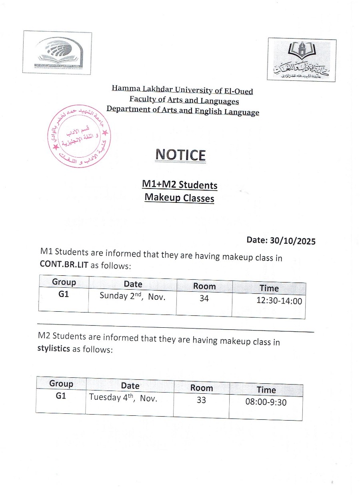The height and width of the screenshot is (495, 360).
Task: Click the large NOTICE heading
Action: click(180, 155)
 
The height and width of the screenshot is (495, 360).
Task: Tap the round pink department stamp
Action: click(79, 137)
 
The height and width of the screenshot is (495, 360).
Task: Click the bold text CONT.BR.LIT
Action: click(64, 265)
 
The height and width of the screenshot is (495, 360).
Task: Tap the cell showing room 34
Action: click(204, 298)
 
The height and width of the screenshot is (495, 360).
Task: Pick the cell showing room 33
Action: click(201, 400)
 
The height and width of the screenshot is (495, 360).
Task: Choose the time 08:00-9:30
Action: click(266, 402)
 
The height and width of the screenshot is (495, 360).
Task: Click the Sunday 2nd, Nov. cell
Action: click(132, 297)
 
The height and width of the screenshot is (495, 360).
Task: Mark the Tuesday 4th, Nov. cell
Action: click(123, 398)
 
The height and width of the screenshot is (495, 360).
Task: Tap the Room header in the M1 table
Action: click(204, 286)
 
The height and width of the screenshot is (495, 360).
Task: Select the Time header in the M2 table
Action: click(266, 390)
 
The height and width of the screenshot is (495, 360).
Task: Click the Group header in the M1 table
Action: click(64, 282)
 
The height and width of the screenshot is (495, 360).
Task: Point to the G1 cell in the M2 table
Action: click(61, 396)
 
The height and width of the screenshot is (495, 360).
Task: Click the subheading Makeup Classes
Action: click(179, 198)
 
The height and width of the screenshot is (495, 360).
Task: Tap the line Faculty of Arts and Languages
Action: click(184, 100)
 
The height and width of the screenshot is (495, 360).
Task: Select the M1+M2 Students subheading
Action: click(180, 185)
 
